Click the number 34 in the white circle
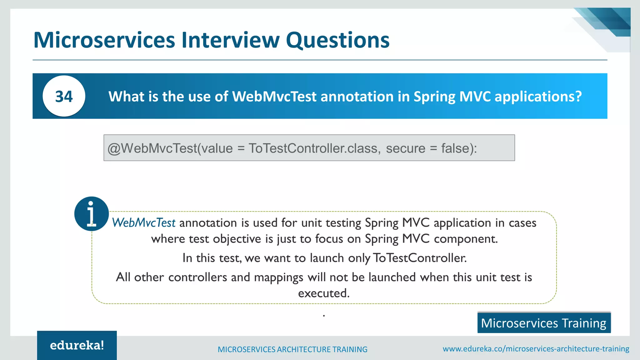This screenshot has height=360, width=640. tap(64, 96)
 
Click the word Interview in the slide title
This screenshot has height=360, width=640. tap(230, 40)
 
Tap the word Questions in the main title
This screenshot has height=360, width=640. tap(337, 40)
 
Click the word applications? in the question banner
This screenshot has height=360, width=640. tap(538, 96)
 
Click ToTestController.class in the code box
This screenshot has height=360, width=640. tap(314, 148)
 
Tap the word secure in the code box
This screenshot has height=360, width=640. tap(405, 148)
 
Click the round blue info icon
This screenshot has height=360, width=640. tap(91, 214)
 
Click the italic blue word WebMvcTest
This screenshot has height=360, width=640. tap(144, 223)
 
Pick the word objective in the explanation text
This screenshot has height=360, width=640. tap(237, 239)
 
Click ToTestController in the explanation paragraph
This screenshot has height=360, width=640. tap(420, 258)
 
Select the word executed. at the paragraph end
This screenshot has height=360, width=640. tap(324, 293)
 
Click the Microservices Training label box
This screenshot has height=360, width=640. tap(544, 323)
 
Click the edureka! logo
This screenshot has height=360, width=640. tap(77, 345)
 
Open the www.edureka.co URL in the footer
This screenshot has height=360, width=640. tap(536, 349)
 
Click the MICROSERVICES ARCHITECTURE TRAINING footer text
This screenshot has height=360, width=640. tap(292, 349)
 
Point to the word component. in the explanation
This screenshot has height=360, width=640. tap(466, 239)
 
